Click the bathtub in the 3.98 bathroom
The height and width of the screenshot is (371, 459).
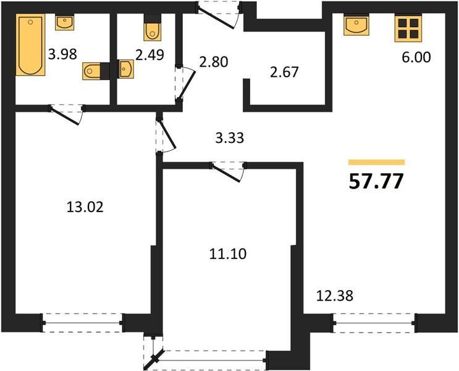tap(30, 45)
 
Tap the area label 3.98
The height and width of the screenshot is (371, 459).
tap(62, 54)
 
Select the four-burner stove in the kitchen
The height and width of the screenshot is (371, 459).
tap(408, 28)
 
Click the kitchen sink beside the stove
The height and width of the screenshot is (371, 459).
tap(356, 25)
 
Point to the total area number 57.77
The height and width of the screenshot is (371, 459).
tap(376, 181)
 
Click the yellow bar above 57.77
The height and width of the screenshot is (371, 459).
tap(376, 162)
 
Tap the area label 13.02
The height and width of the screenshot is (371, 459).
tap(85, 207)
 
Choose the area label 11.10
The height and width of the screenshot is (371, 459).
tap(228, 254)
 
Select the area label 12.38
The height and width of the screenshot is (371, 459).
tap(335, 296)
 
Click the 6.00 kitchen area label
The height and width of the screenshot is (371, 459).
tap(416, 57)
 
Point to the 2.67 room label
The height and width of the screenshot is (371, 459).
tap(284, 72)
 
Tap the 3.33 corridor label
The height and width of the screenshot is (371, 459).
tap(230, 138)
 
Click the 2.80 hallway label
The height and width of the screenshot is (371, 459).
tap(213, 62)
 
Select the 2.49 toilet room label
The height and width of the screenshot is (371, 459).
tap(149, 55)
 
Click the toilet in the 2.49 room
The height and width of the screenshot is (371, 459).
tap(152, 28)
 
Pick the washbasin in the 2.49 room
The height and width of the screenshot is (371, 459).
tap(126, 69)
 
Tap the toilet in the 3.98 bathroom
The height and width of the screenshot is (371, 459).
tap(96, 71)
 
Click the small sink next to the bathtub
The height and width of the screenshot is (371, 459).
tap(65, 23)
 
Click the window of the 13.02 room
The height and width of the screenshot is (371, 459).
tap(83, 323)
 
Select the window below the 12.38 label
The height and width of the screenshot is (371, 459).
tap(374, 323)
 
